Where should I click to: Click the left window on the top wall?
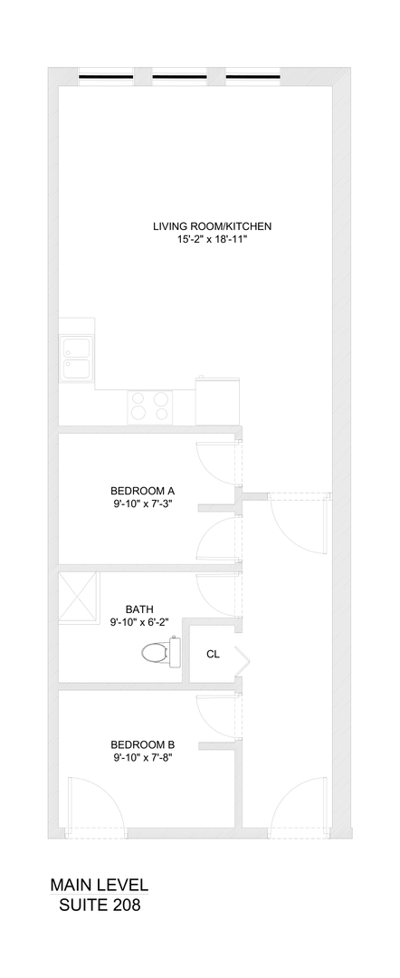click(x=105, y=77)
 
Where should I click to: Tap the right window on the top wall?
click(x=252, y=77)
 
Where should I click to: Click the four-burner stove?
click(x=148, y=405)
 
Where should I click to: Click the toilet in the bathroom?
click(x=159, y=651)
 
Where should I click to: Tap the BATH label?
click(x=139, y=609)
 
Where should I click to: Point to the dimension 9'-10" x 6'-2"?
click(x=139, y=623)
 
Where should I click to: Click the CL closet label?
click(x=213, y=653)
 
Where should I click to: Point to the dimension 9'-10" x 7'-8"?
click(x=142, y=758)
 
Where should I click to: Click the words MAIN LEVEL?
click(x=100, y=885)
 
